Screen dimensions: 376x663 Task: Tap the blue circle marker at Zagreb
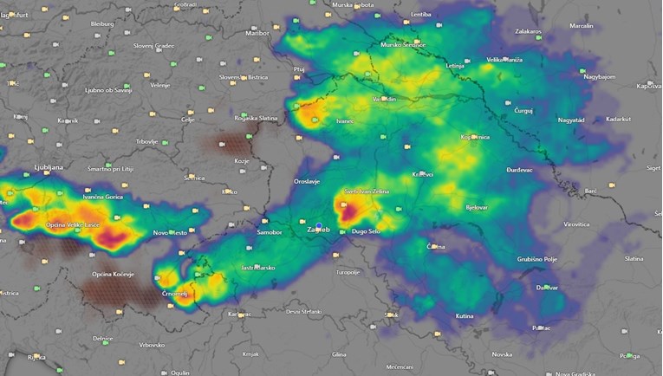319,227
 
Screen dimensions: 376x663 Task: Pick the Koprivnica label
477,138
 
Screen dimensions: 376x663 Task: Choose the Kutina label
465,316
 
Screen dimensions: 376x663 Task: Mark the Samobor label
270,232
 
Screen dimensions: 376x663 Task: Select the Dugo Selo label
367,232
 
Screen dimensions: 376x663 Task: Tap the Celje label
187,120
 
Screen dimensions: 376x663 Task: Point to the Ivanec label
344,121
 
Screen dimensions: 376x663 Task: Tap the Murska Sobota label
354,5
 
